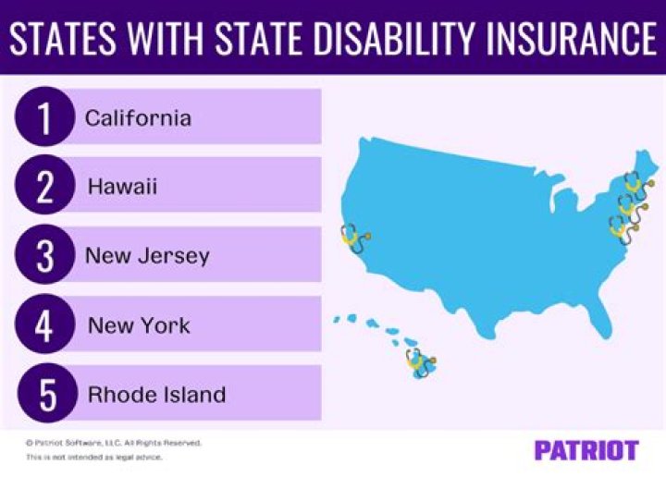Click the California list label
pos(138,118)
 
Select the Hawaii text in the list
pos(122,187)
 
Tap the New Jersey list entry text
pos(147,256)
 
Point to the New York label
pos(139,325)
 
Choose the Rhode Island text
pos(156,395)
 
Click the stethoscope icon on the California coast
pos(353,239)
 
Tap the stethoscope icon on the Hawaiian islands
pos(421,362)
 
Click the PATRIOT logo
pos(586,450)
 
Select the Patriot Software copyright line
pos(113,443)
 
